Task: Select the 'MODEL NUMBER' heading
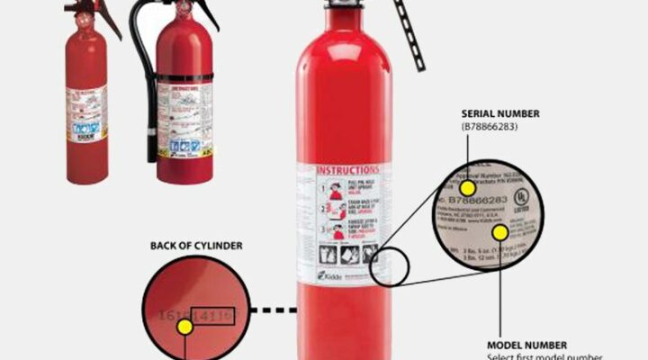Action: pos(526,345)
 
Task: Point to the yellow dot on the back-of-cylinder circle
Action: pos(185,327)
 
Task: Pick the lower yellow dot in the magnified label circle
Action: pos(500,232)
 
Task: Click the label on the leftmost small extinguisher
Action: pos(86,112)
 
